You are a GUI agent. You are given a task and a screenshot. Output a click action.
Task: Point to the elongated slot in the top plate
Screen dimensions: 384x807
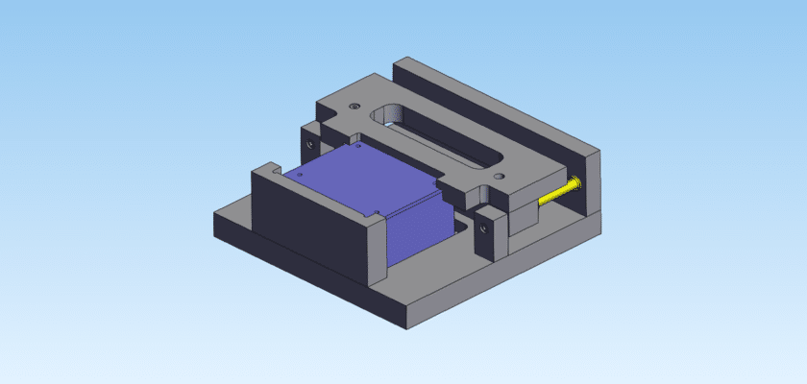442,144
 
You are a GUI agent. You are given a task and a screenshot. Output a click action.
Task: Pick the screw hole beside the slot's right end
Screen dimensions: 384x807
498,178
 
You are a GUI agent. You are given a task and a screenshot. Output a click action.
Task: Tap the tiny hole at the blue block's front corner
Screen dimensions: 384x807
379,212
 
